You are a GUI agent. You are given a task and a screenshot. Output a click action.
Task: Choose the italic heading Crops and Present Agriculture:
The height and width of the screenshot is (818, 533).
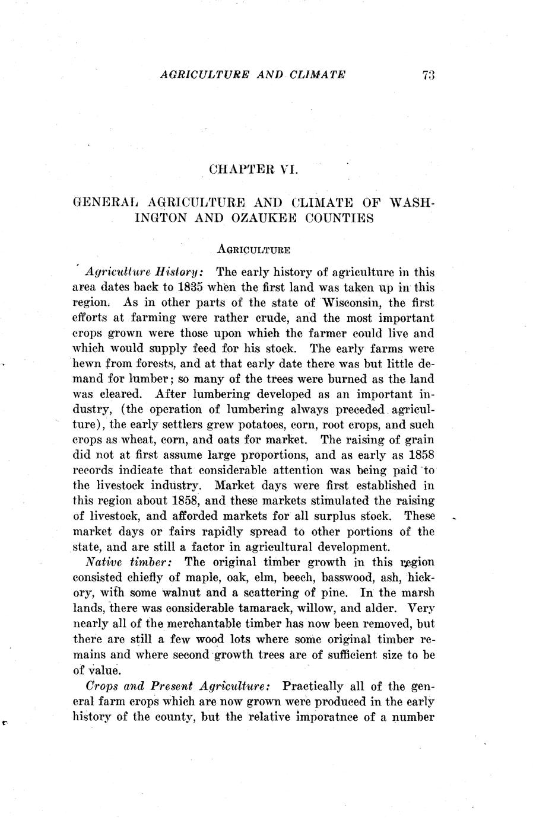[179, 686]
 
